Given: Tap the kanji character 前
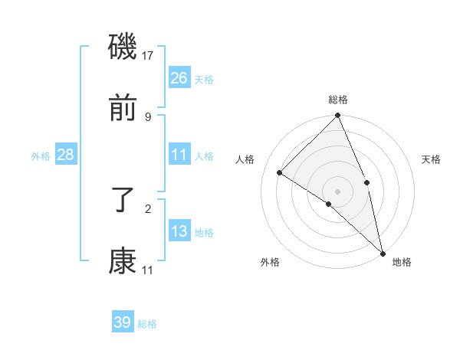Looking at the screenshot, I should coord(123,110).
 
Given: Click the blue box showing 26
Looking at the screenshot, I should coord(179,78).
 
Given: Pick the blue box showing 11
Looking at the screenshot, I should coord(179,155).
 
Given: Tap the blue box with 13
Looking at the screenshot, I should coord(179,231).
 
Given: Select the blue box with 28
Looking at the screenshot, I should coord(65,155).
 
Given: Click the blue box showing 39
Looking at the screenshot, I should coord(123,322).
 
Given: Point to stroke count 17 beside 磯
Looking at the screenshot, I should coord(148,56).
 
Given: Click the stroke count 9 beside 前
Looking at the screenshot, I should coord(148,116).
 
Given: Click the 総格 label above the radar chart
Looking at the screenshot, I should coord(338,100).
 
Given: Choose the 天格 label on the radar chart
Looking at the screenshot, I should coord(432,159).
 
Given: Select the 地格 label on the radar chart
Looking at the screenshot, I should coord(402,263).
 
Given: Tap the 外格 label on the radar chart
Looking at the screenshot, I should coord(270,263).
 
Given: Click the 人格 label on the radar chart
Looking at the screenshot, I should coord(245,159).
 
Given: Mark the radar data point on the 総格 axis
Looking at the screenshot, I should coord(338,116).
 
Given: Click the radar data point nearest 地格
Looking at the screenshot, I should coord(382,252).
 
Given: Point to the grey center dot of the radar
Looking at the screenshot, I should coord(338,191).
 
